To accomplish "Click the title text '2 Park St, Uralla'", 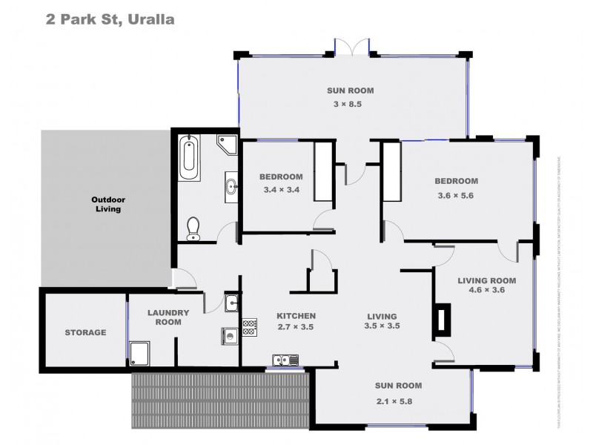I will (x=110, y=19).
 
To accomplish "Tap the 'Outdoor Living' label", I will (x=106, y=204).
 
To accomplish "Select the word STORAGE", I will (x=85, y=333).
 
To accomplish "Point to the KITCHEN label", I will (x=296, y=315).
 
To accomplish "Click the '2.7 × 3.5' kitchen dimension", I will (x=296, y=326).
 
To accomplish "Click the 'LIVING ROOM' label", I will (x=486, y=280).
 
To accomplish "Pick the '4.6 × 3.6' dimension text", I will (x=486, y=291).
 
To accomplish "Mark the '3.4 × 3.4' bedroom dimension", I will (x=280, y=190).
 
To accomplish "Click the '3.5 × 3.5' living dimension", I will (x=382, y=326).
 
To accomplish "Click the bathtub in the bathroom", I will (x=189, y=156).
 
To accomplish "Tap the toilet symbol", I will (x=193, y=228).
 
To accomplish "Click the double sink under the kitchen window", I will (x=285, y=360).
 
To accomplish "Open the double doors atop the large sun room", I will (x=350, y=46).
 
